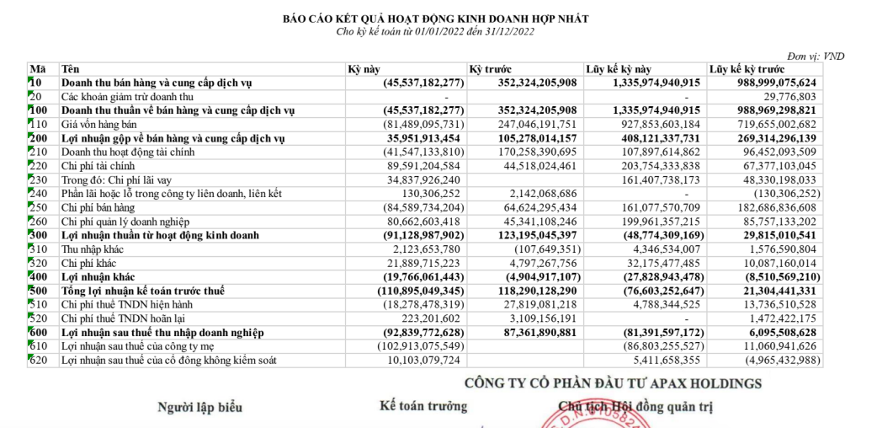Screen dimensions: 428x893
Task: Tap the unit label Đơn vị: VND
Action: (816, 56)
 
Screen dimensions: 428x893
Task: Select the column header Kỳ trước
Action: (492, 69)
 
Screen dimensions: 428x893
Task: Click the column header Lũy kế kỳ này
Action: (619, 69)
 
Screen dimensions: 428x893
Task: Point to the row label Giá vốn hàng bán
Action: (94, 124)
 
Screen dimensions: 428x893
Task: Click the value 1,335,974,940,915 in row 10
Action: (646, 83)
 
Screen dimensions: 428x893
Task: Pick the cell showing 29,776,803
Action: (805, 97)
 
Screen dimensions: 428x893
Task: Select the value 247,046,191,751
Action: (525, 124)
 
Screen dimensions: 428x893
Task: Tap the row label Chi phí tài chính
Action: (98, 165)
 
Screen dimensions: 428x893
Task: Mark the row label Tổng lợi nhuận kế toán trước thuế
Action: (147, 289)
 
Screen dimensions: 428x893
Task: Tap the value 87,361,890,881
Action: (525, 330)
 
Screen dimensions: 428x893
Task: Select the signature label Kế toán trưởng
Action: (423, 406)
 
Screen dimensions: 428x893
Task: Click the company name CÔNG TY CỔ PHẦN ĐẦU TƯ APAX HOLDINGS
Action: (614, 383)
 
